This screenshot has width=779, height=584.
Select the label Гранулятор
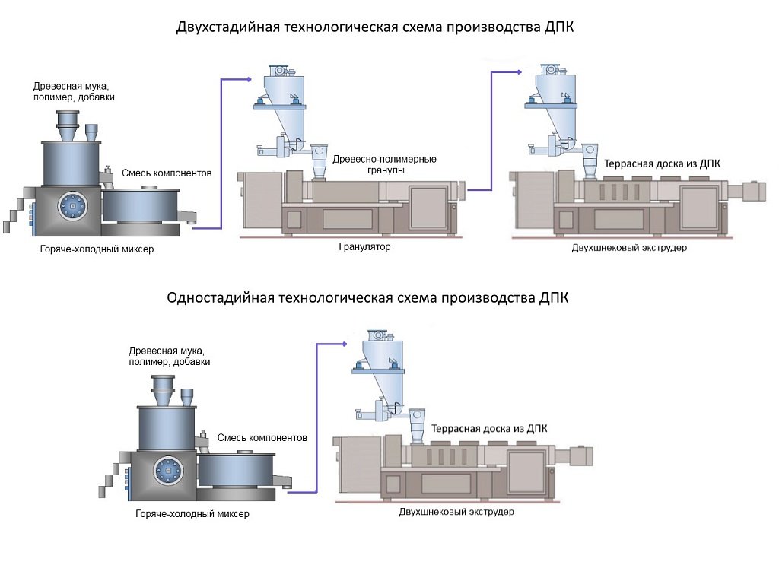coord(364,247)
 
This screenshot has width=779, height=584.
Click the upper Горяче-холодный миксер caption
coord(96,249)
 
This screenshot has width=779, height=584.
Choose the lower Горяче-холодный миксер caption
coord(192,514)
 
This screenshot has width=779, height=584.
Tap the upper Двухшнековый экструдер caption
coord(629,248)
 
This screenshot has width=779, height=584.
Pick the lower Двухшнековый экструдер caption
coord(456,512)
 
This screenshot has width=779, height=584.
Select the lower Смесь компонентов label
coord(262,438)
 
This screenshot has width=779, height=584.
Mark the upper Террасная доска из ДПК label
coord(662,163)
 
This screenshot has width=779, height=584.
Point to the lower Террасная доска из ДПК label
coord(489,429)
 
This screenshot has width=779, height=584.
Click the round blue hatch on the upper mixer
coord(72,205)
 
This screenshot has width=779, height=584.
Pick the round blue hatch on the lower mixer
coord(167,469)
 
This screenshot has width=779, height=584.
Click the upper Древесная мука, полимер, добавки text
coord(71,91)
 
